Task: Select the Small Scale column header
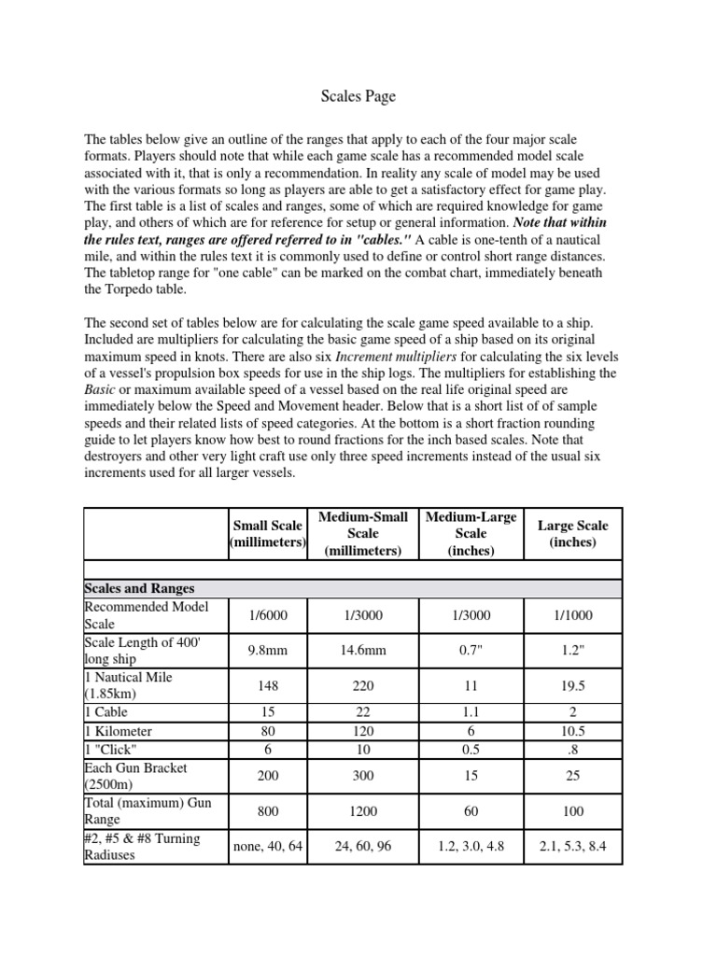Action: pos(267,533)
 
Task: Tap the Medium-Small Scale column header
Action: pos(363,533)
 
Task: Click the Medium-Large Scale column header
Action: pos(471,533)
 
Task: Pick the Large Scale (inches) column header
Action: pos(572,533)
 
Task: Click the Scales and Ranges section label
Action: pos(139,588)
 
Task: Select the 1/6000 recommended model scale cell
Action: pos(267,615)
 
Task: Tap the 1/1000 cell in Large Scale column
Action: pos(572,615)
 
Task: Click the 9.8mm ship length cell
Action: pos(267,651)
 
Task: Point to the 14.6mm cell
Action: pos(363,651)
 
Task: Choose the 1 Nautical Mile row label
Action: pos(129,685)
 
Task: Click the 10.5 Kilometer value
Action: pos(572,730)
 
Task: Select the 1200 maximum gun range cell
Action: pos(363,812)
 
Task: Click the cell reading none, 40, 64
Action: pos(267,847)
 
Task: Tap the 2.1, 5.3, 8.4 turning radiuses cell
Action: pos(572,847)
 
